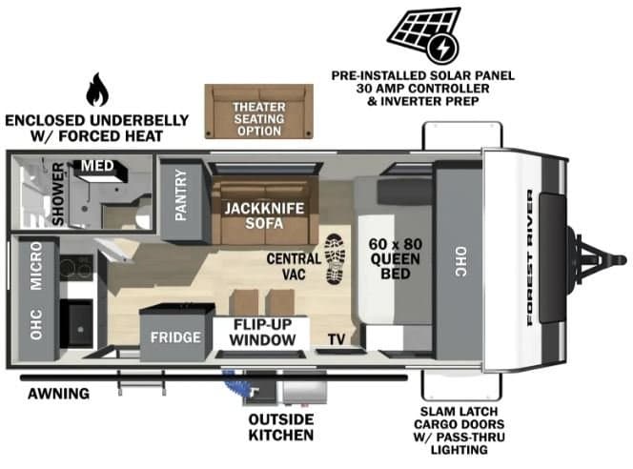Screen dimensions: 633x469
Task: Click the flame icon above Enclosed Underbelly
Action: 97,90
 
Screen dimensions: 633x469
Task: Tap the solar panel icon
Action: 424,34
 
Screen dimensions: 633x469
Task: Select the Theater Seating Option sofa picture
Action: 258,112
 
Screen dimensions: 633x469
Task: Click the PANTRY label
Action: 180,194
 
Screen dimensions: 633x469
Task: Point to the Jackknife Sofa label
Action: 264,215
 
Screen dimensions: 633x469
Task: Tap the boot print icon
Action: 336,258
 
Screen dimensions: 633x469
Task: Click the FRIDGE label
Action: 175,337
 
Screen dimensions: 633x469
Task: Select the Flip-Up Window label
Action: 262,332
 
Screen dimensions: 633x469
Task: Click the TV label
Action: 337,339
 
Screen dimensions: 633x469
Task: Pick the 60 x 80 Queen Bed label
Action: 396,258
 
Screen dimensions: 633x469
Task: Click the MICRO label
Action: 36,266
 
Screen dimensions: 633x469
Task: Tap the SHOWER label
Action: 58,194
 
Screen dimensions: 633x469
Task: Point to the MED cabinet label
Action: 97,166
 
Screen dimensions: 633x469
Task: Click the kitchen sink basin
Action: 78,324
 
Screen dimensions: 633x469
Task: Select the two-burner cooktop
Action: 76,268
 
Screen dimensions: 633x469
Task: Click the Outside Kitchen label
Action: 281,427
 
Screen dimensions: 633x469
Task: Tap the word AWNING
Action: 58,394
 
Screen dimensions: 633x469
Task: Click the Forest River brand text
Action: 530,257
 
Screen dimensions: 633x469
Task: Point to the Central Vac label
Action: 294,266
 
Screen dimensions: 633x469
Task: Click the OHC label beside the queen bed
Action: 460,261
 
